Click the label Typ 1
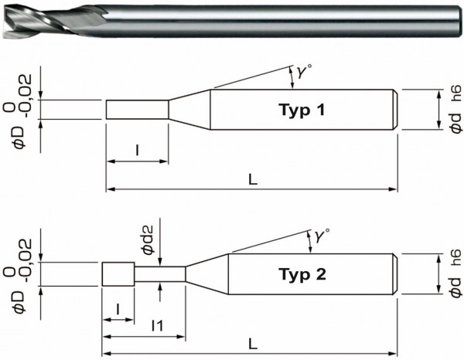coord(301,110)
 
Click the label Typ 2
coord(301,274)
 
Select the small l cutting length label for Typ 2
coord(118,309)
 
